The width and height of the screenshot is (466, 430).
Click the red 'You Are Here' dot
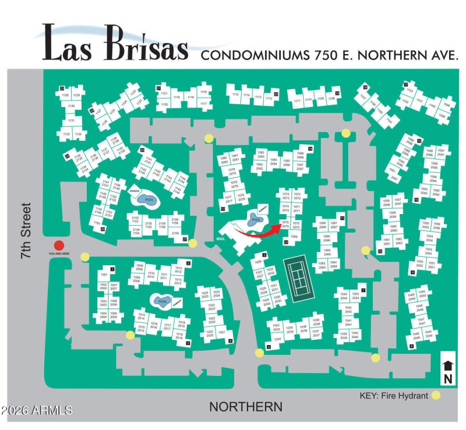pos(58,246)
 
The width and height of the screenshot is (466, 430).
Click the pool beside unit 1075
pos(255,220)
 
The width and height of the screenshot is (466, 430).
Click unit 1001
pos(104,274)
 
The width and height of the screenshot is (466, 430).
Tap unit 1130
pos(71,106)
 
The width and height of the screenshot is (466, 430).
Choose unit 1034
pos(277,339)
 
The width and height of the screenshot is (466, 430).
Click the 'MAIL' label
pos(220,239)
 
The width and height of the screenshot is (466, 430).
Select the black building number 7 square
pos(363,290)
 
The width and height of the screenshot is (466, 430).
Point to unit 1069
pos(294,237)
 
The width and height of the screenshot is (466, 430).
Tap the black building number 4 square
pos(230,341)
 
